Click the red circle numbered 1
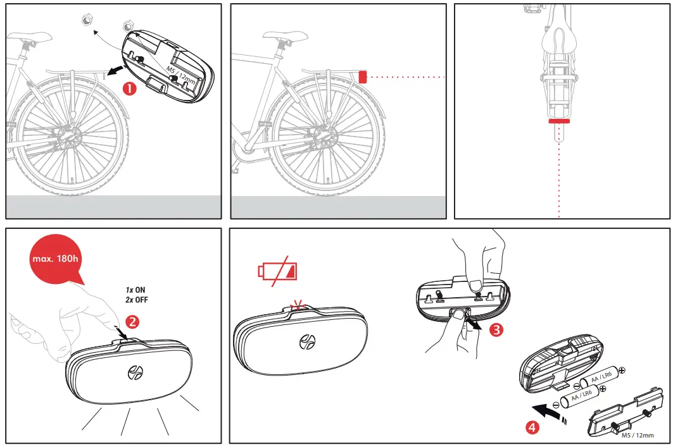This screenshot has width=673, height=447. point(130,89)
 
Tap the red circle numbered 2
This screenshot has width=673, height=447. point(133,321)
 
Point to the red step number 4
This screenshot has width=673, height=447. point(533,427)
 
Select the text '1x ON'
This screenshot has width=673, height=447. point(136,290)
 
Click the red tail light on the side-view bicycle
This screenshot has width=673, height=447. point(363,77)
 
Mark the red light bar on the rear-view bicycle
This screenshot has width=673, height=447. point(559,119)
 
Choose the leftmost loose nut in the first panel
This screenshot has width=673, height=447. point(86,21)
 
